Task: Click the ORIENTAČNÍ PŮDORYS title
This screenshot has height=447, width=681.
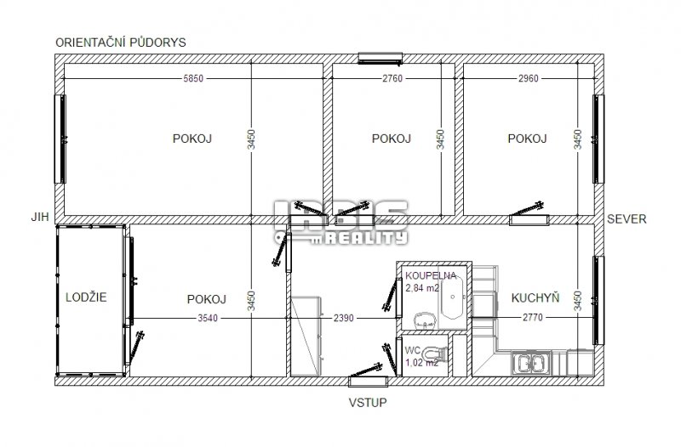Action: click(121, 42)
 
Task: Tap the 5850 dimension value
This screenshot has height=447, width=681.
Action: click(193, 78)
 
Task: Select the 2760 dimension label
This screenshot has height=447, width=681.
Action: click(392, 78)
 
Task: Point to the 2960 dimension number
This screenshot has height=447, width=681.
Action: click(528, 78)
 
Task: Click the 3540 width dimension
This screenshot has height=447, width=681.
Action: click(208, 318)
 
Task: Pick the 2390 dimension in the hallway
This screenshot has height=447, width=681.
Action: click(344, 318)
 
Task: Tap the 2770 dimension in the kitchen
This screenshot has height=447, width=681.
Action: click(533, 317)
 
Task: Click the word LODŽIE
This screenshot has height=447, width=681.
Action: click(86, 297)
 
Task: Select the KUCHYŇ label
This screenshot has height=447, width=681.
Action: click(535, 297)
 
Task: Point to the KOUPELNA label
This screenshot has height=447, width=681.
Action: click(431, 275)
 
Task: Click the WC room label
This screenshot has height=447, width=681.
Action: click(413, 350)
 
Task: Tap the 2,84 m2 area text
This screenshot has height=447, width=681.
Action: click(422, 288)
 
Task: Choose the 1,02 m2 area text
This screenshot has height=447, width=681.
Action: click(421, 363)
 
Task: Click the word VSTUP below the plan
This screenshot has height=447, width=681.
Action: click(368, 403)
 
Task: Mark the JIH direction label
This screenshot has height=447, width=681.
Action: click(40, 217)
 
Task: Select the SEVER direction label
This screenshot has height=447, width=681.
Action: click(627, 219)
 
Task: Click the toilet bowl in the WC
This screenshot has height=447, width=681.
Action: click(436, 354)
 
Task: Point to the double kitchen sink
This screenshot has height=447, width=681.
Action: click(530, 363)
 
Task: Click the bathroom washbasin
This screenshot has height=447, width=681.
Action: click(425, 321)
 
